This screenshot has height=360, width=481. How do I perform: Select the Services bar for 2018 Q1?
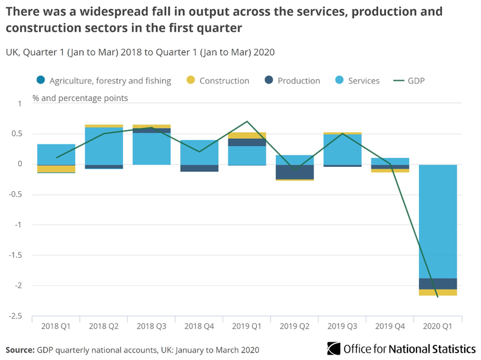pyautogui.click(x=56, y=154)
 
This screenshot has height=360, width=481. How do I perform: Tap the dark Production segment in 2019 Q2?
pyautogui.click(x=295, y=172)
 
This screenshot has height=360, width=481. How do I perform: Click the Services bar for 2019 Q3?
pyautogui.click(x=342, y=149)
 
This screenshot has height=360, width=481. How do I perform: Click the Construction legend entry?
pyautogui.click(x=217, y=80)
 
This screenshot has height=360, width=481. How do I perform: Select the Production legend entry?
pyautogui.click(x=292, y=80)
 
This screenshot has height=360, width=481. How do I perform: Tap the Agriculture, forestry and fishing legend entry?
pyautogui.click(x=104, y=80)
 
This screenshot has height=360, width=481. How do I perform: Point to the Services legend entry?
pyautogui.click(x=357, y=80)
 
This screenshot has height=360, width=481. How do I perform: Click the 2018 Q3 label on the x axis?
pyautogui.click(x=152, y=326)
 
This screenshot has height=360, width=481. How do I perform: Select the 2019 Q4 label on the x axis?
pyautogui.click(x=390, y=326)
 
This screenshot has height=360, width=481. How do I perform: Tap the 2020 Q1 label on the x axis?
pyautogui.click(x=438, y=326)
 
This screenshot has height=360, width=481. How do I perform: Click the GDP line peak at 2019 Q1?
pyautogui.click(x=247, y=122)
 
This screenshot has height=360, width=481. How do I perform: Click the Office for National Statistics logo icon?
pyautogui.click(x=334, y=348)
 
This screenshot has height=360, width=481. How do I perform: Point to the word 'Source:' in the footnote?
pyautogui.click(x=20, y=350)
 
